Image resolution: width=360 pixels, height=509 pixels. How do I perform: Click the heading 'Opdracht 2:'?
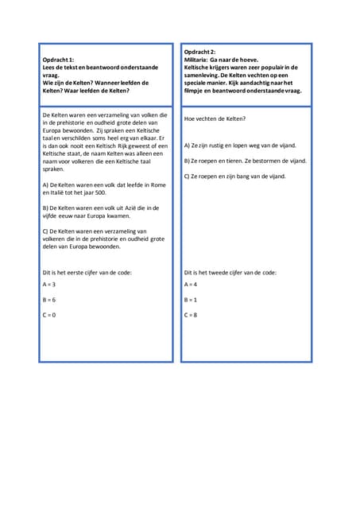pos(199,52)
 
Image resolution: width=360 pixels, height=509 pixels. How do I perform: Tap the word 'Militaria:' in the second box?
pos(198,60)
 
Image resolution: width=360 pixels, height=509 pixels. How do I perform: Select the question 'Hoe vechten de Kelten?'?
pos(215,119)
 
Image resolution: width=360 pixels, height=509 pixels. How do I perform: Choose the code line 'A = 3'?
pos(48,284)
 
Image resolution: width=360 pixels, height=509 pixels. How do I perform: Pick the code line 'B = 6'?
pos(48,300)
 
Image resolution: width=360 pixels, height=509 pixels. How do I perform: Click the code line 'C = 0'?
pos(48,315)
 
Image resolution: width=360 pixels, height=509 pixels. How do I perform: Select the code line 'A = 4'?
pos(191,284)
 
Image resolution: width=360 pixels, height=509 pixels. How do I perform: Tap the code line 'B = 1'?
pos(191,300)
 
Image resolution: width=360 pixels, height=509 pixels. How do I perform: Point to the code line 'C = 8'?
pos(191,315)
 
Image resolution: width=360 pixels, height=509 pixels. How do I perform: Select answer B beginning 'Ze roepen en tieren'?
pos(245,161)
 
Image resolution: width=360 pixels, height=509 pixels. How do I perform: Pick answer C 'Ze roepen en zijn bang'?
pos(234,176)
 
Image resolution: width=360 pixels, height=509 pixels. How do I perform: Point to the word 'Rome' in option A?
pos(158,185)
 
